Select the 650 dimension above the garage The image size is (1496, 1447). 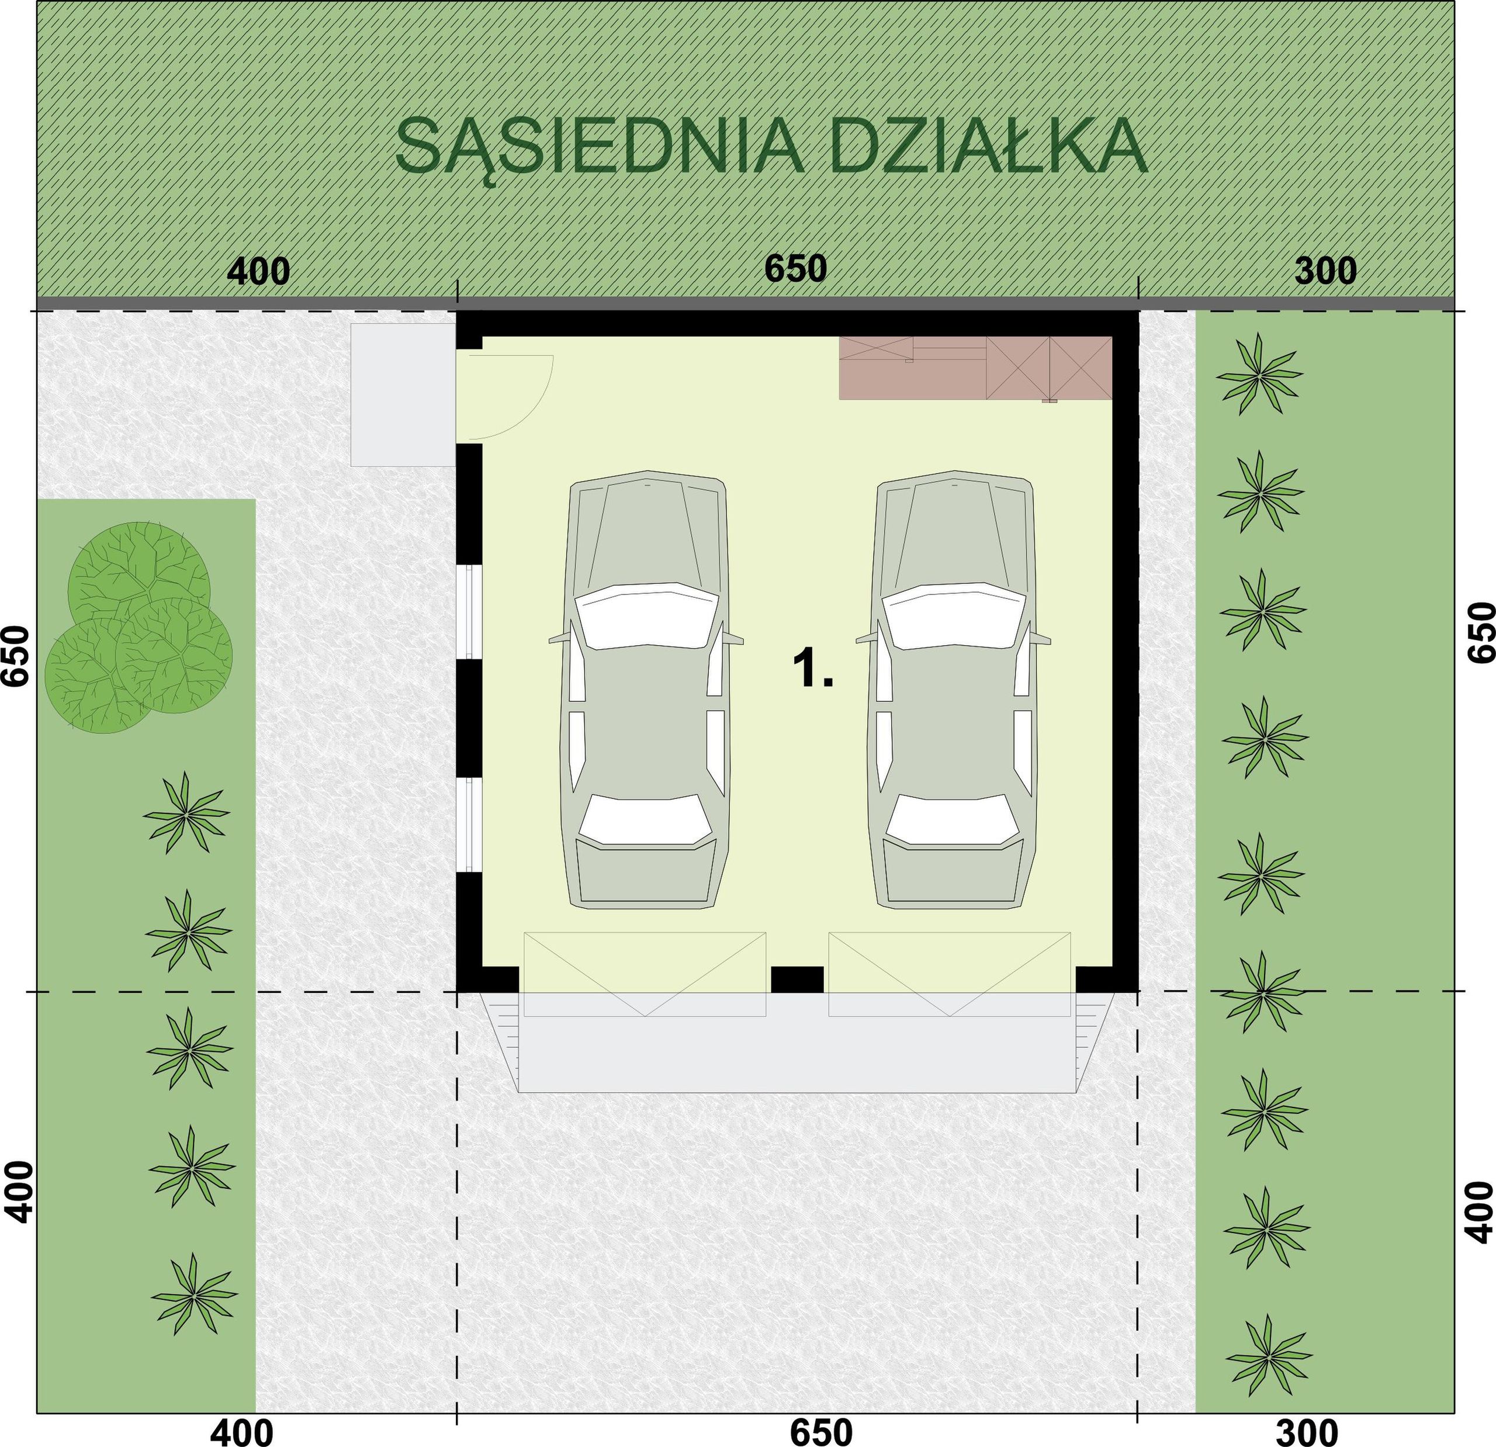tap(795, 269)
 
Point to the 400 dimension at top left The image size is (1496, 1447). tap(259, 271)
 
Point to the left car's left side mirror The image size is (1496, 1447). tap(559, 638)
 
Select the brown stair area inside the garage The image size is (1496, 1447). tap(975, 368)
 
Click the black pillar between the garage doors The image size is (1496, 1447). tap(797, 979)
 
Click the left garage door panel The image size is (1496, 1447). tap(644, 974)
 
